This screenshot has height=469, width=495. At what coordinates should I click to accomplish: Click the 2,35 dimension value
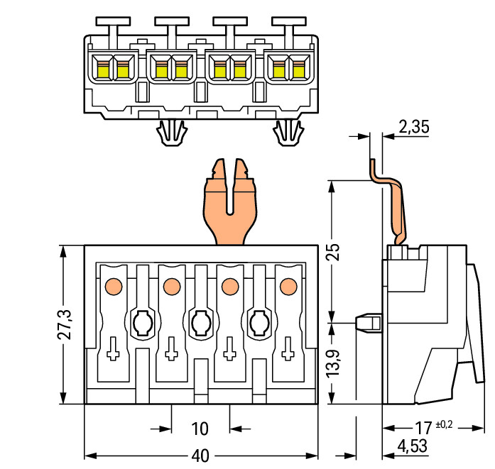point(415,127)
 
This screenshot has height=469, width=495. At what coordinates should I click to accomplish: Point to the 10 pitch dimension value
point(200,429)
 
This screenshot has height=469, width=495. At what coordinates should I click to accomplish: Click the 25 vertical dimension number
point(334,252)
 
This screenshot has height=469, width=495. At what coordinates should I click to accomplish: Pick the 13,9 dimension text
point(334,363)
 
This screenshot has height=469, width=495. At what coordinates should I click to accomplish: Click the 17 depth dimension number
point(423,428)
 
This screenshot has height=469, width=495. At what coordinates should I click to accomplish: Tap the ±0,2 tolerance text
point(444,424)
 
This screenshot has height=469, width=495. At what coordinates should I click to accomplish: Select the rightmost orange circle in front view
point(288,286)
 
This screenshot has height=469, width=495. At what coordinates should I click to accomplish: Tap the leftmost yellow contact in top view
point(102,70)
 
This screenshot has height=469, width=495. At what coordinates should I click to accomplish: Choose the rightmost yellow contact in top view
point(298,70)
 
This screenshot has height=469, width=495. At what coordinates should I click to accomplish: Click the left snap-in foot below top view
point(170,132)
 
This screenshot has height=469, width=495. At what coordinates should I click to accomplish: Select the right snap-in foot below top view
point(288,132)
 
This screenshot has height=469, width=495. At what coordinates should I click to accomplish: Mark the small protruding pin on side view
point(367,323)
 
